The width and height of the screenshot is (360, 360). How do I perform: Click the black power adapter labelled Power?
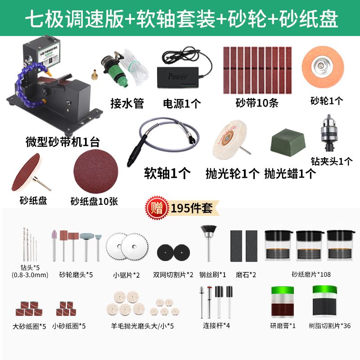[178, 75]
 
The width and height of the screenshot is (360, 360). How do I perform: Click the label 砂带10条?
[257, 103]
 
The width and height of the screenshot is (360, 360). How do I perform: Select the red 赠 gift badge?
[154, 208]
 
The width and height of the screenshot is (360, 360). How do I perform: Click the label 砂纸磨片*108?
[311, 274]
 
